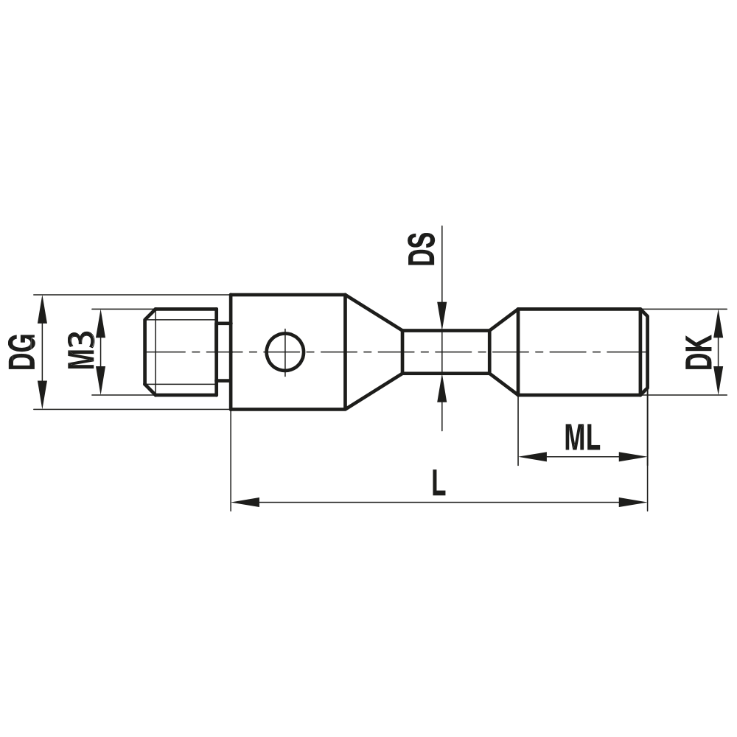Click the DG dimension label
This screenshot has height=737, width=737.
(23, 352)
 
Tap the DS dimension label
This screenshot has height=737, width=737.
(422, 248)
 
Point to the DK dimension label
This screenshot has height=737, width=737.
(697, 352)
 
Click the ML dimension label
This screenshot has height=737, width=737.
(582, 439)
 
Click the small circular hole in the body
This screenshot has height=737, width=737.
(284, 352)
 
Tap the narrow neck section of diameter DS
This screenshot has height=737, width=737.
(445, 352)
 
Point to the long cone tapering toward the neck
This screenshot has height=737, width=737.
(373, 352)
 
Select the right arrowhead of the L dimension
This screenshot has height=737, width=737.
(633, 503)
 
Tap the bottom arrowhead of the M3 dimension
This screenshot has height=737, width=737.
(101, 383)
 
